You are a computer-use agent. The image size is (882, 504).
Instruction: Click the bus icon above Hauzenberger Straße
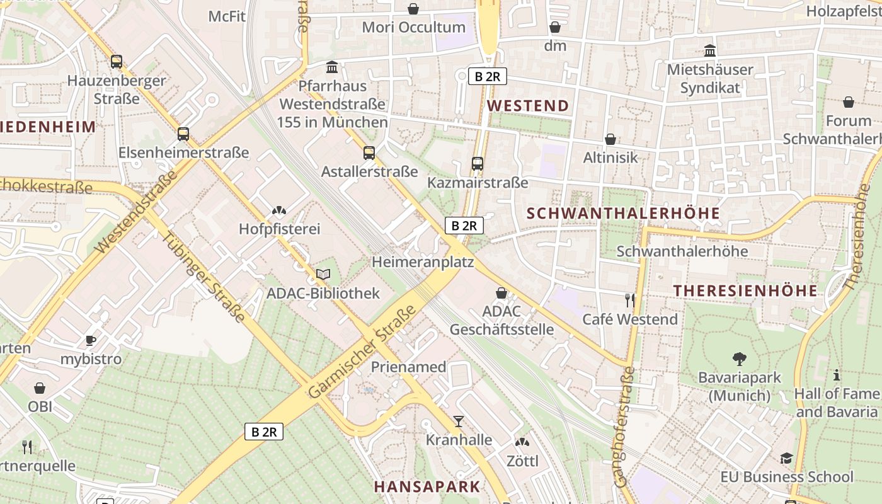pos(116,62)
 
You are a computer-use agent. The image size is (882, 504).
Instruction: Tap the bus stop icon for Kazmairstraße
pos(478,164)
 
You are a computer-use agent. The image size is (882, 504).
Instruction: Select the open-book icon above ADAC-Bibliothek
pos(323,275)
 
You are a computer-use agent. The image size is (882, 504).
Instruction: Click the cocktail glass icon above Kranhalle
pos(459,421)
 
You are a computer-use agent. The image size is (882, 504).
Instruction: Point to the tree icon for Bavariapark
pos(740,359)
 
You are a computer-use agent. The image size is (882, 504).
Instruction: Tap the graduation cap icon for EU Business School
pos(786,458)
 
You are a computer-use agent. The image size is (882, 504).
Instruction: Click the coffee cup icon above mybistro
pos(91,341)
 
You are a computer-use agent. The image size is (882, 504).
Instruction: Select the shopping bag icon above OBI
pos(40,388)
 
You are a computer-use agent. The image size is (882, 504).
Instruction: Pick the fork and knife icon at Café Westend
pos(629,300)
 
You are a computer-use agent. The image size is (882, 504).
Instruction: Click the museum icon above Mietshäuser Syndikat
pos(710,50)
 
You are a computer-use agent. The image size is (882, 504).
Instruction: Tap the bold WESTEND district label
pos(529,106)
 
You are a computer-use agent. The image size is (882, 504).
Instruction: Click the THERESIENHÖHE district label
pos(745,290)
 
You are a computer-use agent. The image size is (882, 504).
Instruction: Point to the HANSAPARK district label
pos(427,486)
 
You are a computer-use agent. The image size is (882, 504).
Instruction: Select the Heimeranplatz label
pos(423,261)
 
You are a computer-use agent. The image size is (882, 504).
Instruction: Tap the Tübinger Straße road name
pos(203,278)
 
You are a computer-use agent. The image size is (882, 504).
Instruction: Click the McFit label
pos(227,16)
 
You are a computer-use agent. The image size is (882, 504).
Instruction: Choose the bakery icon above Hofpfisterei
pos(279,210)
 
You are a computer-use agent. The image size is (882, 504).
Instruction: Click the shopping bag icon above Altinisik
pos(610,139)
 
